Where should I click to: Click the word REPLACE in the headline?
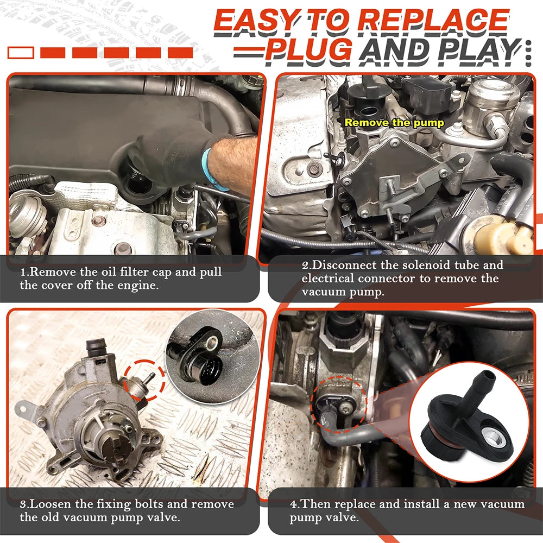coord(433,21)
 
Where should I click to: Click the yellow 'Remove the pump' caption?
coord(394,123)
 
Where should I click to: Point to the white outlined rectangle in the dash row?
coord(21,53)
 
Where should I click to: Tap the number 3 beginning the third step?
coord(23,504)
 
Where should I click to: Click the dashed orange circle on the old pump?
coord(144,380)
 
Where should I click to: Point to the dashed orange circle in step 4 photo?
coord(339,405)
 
